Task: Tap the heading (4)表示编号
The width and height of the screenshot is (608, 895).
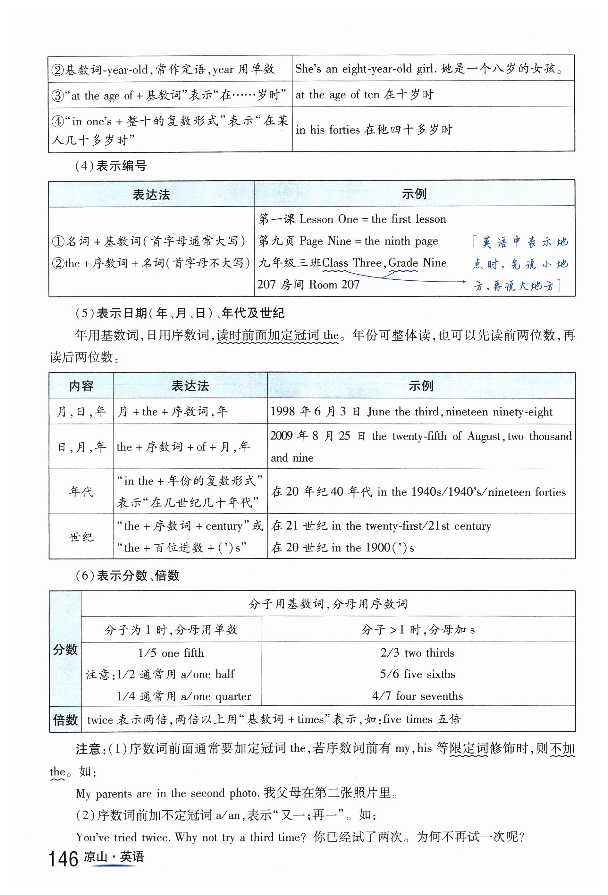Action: click(x=111, y=166)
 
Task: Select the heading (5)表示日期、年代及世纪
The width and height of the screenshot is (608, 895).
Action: click(x=180, y=313)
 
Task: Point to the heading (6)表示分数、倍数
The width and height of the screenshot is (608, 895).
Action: click(x=127, y=575)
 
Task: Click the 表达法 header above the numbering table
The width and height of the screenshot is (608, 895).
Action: click(x=151, y=194)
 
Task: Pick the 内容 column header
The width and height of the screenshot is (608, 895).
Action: click(x=81, y=386)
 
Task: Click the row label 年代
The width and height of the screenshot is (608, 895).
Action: click(x=81, y=491)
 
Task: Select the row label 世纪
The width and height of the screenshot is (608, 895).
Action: click(x=81, y=536)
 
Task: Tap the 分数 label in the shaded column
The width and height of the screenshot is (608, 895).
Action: click(x=65, y=649)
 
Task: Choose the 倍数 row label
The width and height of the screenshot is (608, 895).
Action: click(x=65, y=720)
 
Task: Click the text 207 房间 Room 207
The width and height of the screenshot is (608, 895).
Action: click(x=308, y=285)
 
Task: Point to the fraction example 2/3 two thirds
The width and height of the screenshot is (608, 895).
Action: click(x=418, y=652)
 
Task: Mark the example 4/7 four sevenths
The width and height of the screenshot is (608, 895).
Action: click(x=418, y=696)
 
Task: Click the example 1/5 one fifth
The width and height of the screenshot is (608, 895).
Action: click(x=171, y=653)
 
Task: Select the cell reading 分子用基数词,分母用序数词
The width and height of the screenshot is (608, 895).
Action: click(x=328, y=603)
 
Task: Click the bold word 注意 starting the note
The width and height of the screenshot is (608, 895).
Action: click(x=88, y=749)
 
